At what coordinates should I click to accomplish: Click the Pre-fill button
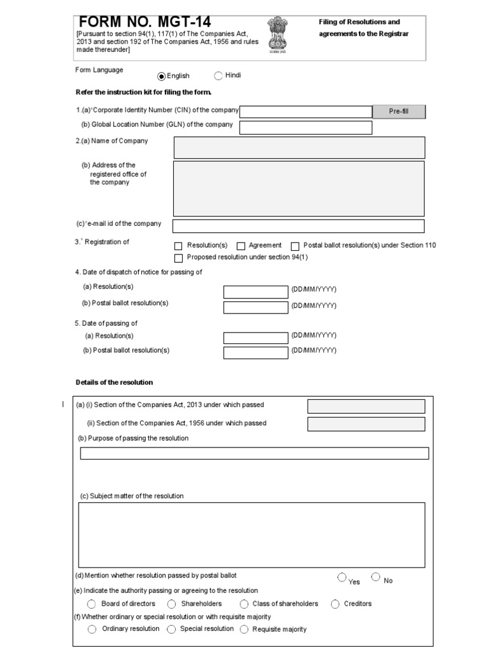coord(398,112)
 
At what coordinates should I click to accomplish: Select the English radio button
coord(161,76)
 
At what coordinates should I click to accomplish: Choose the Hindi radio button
coord(218,76)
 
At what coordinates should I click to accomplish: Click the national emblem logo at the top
coord(277,34)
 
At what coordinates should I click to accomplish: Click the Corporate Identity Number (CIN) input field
coord(306,112)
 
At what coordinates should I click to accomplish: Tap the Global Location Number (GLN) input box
coord(306,128)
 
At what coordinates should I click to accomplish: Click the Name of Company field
coord(299,147)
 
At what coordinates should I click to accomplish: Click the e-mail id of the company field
coord(298,226)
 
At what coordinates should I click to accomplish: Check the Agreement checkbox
coord(241,246)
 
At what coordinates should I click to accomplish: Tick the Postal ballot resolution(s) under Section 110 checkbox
coord(295,246)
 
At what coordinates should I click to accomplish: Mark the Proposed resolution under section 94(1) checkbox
coord(178,258)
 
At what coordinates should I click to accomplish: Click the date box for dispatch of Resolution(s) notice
coord(256,292)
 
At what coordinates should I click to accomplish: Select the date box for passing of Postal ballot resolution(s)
coord(256,352)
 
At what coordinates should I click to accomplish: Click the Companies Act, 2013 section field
coord(366,406)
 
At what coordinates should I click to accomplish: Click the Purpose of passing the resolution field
coord(254,453)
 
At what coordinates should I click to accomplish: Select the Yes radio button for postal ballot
coord(342,578)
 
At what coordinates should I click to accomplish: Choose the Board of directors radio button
coord(92,604)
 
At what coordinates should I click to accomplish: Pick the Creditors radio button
coord(335,604)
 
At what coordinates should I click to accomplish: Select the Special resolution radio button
coord(172,629)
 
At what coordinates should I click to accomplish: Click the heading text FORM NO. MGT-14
coord(145,22)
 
